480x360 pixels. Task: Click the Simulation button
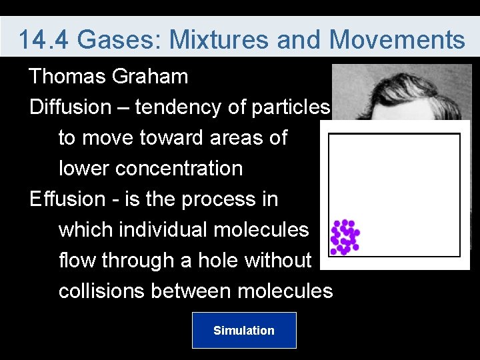click(243, 330)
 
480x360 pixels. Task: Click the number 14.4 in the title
click(44, 40)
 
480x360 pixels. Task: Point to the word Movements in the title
click(397, 40)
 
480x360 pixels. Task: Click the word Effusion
click(67, 199)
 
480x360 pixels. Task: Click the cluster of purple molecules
click(345, 237)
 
